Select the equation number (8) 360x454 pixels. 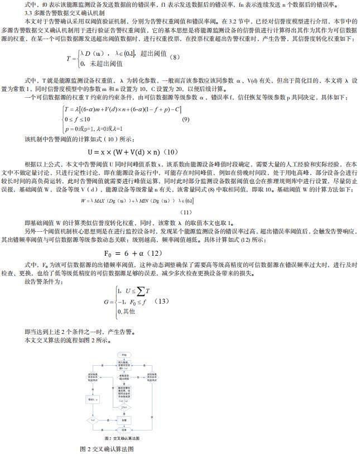[175, 57]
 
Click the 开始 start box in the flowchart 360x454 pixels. [123, 355]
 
